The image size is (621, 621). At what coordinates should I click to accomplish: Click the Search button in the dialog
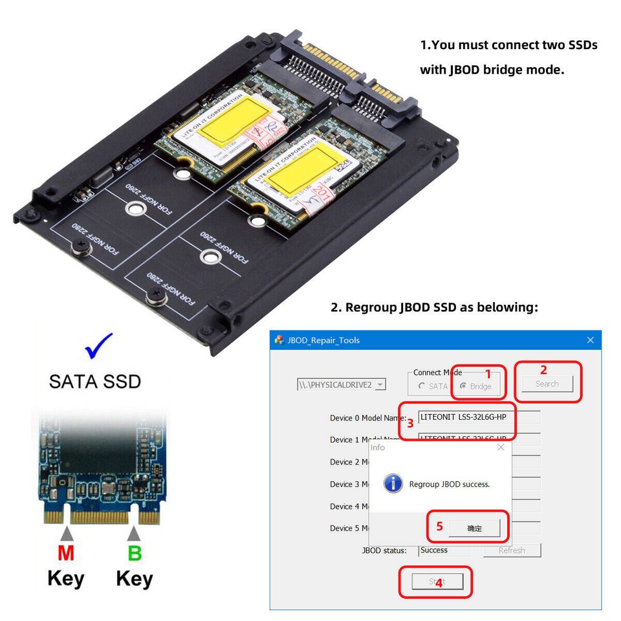[x=547, y=384]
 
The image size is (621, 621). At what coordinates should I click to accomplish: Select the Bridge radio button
[x=463, y=386]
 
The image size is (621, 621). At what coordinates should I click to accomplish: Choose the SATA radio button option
[x=422, y=386]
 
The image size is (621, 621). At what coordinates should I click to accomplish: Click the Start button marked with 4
[x=437, y=581]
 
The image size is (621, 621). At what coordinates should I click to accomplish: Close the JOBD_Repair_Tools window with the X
[x=590, y=340]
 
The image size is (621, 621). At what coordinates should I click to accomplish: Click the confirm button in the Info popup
[x=474, y=528]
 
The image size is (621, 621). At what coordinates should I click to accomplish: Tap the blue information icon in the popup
[x=393, y=483]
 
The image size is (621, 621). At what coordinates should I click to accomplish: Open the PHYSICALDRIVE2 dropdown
[x=380, y=384]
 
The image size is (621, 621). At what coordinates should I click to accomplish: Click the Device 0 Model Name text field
[x=479, y=417]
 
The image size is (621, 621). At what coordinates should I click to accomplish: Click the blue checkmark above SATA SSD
[x=99, y=345]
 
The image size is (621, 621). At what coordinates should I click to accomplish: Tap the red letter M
[x=65, y=554]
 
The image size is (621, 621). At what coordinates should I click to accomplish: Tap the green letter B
[x=134, y=554]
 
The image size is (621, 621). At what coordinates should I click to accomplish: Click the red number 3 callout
[x=410, y=424]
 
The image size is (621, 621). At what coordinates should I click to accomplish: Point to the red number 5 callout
[x=439, y=526]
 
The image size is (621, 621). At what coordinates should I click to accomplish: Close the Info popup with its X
[x=501, y=447]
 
